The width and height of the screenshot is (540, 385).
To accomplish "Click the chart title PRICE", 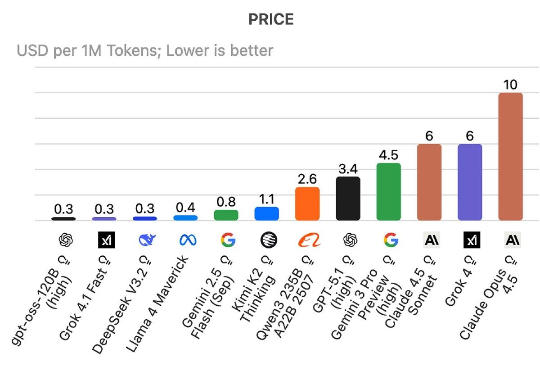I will pos(271,19).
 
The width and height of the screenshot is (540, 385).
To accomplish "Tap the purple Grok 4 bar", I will pos(470,182).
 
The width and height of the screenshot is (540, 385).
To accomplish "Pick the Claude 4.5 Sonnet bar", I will pos(429,182).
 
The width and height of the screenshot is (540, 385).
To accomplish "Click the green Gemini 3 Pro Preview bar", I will pos(388,192).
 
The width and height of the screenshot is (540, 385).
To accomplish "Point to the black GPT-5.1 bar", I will pos(348,199).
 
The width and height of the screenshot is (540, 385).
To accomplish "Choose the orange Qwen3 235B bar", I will pos(307,204).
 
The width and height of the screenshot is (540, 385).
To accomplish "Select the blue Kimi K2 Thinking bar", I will pos(267,213).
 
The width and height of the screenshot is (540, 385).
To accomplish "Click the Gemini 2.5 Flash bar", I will pos(226,215).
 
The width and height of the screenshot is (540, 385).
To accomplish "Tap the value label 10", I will pos(511,85).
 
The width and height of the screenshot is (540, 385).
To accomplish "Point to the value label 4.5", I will pos(388,155).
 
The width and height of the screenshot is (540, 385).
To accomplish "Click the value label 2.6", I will pos(307,179).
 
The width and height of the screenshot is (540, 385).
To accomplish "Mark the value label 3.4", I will pos(348,169).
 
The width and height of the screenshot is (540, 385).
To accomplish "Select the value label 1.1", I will pos(267,199).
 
